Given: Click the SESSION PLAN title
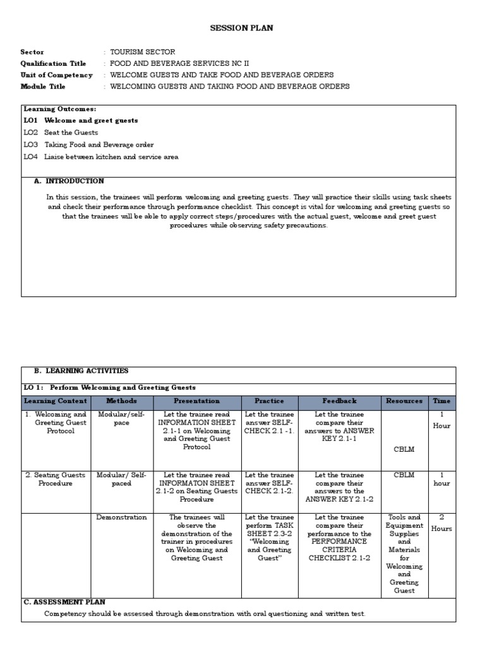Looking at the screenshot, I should (x=242, y=28).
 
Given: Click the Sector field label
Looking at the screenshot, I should (x=32, y=52).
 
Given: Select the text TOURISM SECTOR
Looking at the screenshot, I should (x=143, y=52).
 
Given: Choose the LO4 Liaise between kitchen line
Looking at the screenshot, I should (x=101, y=156).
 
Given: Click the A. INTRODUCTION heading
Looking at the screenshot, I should (x=69, y=181).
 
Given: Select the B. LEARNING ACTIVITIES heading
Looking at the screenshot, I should (x=81, y=371).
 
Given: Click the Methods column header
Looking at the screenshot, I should (x=121, y=401).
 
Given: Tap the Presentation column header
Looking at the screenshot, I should (x=197, y=401).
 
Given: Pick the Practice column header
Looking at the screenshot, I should (x=269, y=401).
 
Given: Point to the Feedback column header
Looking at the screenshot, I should (x=339, y=401).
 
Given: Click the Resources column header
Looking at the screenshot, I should (x=404, y=401).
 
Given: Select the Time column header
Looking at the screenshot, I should (x=441, y=401).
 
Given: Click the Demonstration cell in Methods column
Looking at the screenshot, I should (x=121, y=517).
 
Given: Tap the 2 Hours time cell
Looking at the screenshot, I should (x=441, y=523).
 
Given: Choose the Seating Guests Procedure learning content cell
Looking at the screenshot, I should (x=56, y=479).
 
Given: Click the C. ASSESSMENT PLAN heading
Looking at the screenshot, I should (x=64, y=602).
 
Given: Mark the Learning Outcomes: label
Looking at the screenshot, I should (x=60, y=109).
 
